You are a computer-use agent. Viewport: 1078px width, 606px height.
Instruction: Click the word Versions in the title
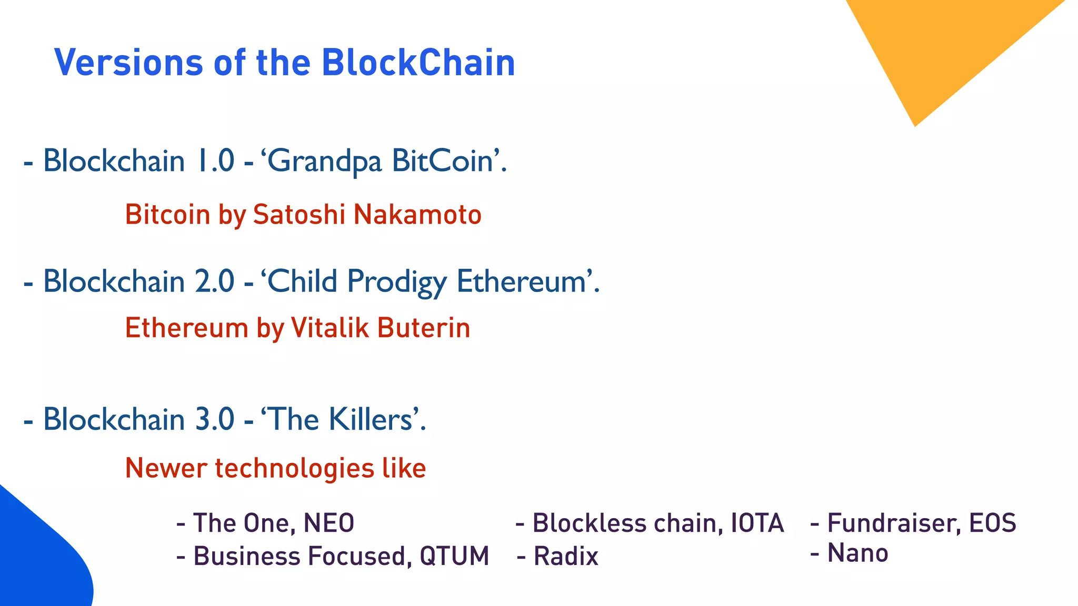click(x=128, y=63)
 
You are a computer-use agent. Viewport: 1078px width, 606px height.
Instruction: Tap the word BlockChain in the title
click(x=418, y=63)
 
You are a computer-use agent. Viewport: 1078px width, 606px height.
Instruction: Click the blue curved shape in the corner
click(x=37, y=558)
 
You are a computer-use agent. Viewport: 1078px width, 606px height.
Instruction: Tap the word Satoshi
click(x=299, y=215)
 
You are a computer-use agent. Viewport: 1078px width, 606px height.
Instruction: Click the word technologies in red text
click(x=294, y=468)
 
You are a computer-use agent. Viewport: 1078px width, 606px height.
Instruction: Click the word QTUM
click(x=454, y=557)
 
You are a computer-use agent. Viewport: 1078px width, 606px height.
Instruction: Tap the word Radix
click(x=566, y=557)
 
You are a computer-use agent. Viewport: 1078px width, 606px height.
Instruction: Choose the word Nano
click(x=858, y=553)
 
